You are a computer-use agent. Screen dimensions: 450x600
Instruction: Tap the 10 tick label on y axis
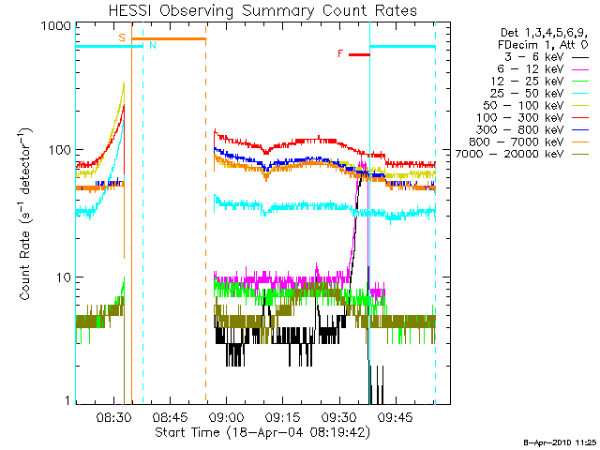(x=63, y=278)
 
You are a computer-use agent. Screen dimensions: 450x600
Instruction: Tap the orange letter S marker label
(x=122, y=37)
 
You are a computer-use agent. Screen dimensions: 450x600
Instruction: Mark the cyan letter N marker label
(x=153, y=45)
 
